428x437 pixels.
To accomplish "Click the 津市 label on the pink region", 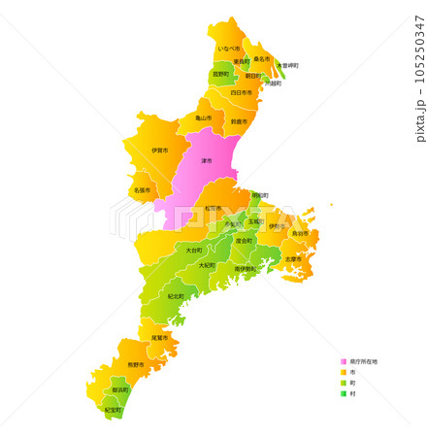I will coord(206,160).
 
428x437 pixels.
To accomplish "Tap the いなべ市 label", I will coord(229,48).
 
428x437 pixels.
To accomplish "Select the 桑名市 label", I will coord(261,58).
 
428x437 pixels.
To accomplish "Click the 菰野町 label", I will coord(221,74).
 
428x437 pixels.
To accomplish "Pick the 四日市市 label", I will coord(241,93).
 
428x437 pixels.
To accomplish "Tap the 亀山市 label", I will coord(203,118).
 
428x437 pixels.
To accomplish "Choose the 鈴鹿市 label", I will coord(239,121).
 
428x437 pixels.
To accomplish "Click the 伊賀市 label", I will coord(159,151).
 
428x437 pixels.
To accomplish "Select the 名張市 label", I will coord(142,190).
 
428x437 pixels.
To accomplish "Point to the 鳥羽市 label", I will coord(300,233).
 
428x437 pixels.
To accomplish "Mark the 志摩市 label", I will coord(293,259).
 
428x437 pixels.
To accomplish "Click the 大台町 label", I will coord(194,250).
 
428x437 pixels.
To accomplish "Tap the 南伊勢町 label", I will coord(245,268).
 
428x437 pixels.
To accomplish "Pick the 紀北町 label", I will coord(176,296).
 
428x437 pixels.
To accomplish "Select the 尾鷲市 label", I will coord(159,337).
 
